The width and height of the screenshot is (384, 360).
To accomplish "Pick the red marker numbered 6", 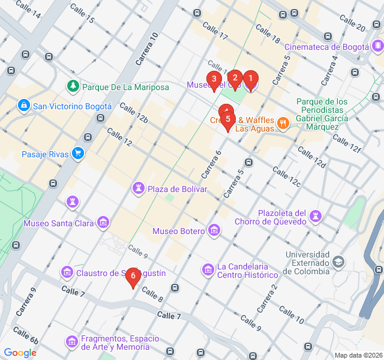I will tap(133, 277).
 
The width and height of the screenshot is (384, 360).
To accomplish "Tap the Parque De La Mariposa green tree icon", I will tap(73, 86).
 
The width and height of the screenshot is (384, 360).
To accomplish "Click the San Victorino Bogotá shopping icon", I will tap(24, 106).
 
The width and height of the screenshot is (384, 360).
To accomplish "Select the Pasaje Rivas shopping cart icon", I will tap(77, 154).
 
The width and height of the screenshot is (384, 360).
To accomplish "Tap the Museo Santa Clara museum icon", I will tap(103, 223).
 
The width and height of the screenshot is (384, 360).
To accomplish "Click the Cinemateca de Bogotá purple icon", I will tap(377, 46).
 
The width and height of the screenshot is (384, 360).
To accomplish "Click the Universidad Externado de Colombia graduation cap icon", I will tap(339, 262).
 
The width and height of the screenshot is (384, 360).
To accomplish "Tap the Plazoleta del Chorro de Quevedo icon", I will tap(316, 215).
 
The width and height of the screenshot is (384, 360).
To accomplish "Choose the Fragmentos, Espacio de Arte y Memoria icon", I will tap(71, 341).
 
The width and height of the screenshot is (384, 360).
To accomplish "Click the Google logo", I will tap(20, 353).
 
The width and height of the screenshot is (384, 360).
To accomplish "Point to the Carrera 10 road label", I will tap(147, 49).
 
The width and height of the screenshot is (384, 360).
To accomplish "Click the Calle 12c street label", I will tap(286, 176).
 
